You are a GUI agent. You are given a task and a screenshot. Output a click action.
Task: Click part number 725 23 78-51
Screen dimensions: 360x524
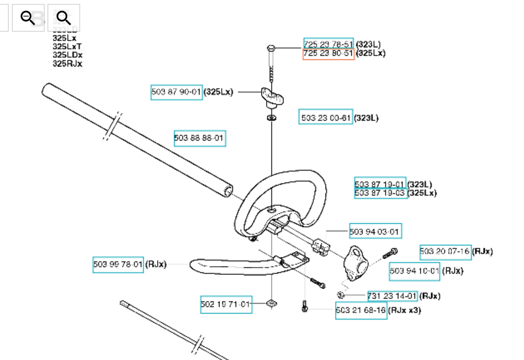point(328,44)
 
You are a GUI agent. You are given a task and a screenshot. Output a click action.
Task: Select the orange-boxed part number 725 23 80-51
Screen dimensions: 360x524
point(328,54)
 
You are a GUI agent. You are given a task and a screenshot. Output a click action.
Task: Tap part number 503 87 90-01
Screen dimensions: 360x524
point(176,92)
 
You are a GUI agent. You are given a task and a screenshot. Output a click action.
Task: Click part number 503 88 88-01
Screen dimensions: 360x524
point(199,138)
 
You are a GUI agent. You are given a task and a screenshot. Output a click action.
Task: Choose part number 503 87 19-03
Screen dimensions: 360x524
point(380,193)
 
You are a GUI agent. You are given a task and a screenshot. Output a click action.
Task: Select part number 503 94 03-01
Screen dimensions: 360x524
point(375,231)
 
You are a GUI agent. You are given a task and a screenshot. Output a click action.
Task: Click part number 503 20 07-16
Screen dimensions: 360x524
point(445,252)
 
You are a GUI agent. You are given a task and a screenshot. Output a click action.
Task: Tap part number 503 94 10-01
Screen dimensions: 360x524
point(414,271)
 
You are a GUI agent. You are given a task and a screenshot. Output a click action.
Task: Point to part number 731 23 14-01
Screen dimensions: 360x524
point(392,296)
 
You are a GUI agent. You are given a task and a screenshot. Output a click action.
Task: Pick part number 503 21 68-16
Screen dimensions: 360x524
point(361,310)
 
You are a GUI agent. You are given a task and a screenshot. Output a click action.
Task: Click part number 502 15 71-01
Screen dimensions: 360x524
point(226,304)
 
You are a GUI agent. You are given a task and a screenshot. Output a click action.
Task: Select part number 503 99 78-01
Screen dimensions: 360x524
point(118,265)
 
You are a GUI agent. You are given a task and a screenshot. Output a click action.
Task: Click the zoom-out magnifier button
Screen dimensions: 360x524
point(28,18)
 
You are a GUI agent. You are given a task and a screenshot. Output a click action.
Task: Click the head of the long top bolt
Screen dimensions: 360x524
point(271,49)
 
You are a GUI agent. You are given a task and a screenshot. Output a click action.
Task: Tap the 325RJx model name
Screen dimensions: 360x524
point(67,64)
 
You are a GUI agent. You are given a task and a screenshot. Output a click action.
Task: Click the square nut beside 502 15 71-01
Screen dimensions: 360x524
point(272,303)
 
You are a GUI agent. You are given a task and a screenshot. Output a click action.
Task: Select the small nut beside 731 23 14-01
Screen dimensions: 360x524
point(340,295)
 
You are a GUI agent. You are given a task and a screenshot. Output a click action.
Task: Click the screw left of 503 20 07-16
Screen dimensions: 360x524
point(390,253)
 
